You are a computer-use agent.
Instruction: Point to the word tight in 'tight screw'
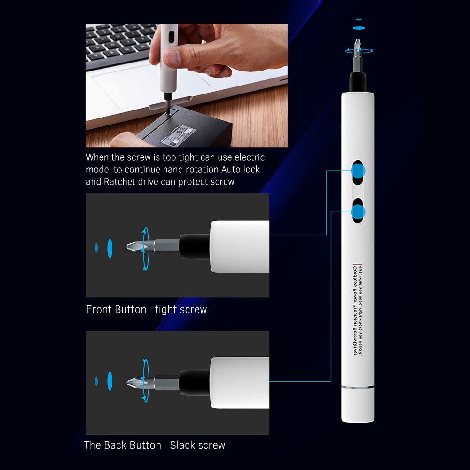pyautogui.click(x=165, y=310)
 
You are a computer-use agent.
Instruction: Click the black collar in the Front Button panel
pyautogui.click(x=194, y=247)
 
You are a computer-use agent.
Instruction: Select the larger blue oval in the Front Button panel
pyautogui.click(x=110, y=248)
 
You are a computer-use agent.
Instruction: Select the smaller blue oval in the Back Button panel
pyautogui.click(x=96, y=382)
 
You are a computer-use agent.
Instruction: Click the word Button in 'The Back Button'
pyautogui.click(x=142, y=445)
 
